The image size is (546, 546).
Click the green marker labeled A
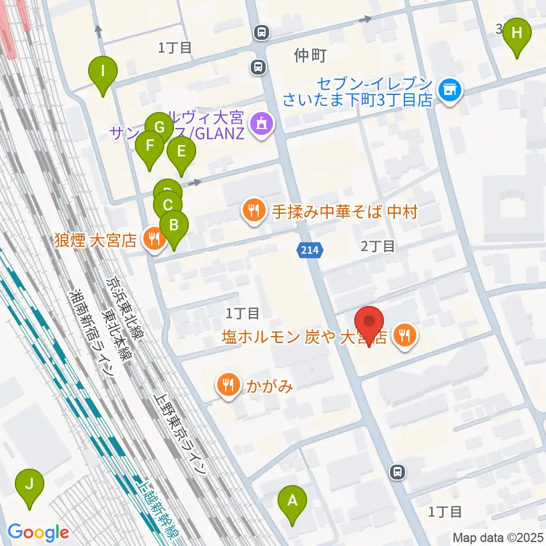[x=292, y=501]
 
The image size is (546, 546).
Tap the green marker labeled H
[x=516, y=33]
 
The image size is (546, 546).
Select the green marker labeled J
[x=31, y=485]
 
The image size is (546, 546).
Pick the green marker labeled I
[x=103, y=72]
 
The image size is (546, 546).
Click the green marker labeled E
[x=181, y=152]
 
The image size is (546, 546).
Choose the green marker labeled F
[x=150, y=146]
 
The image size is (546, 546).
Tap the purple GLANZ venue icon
[x=261, y=121]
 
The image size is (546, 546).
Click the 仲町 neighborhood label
[x=311, y=56]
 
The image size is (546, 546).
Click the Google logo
[x=38, y=533]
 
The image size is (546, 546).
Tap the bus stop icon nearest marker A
[x=398, y=471]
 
